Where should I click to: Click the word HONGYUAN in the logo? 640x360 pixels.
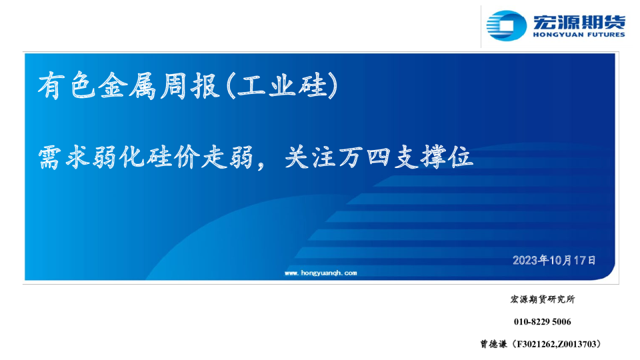[x=557, y=35]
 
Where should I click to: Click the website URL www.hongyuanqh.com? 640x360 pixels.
[x=321, y=273]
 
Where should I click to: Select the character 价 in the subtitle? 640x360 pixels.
[x=185, y=158]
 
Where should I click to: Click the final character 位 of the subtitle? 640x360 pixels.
[x=461, y=158]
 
